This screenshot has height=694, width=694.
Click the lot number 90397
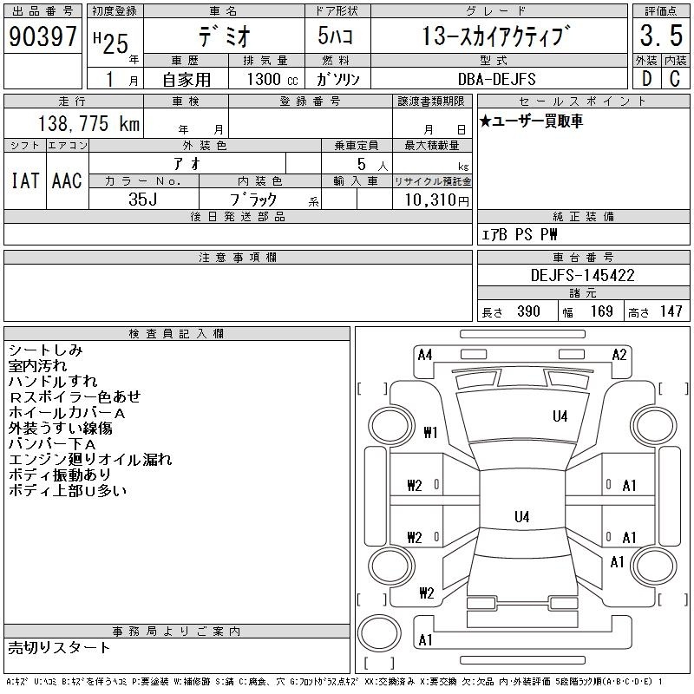coord(43,36)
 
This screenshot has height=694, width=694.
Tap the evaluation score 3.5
coord(661,36)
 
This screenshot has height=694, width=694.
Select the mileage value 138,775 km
coord(88,123)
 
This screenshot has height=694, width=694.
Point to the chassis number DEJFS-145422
coord(582,275)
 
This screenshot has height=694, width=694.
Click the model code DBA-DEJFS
coord(496,79)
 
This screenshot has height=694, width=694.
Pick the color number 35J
coord(142,200)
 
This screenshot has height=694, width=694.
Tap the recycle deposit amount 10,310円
coord(436,200)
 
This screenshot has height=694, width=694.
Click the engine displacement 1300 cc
coord(272,79)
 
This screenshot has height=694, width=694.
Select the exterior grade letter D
coord(646,79)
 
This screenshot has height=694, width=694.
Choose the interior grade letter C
coord(675,79)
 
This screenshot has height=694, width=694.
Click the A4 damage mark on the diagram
coord(425,355)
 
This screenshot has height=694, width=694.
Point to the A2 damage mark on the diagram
coord(619,355)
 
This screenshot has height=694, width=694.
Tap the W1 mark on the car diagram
coord(430,432)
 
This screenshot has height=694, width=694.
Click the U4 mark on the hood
coord(560,416)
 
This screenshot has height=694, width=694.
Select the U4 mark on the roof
coord(522,516)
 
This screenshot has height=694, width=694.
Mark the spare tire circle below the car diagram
coord(379,633)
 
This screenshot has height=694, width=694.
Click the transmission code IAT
coord(25,180)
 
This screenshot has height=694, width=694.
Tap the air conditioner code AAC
coord(67,180)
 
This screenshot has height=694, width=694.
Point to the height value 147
coord(671,311)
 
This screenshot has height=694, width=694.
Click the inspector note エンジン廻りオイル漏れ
coord(90,460)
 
